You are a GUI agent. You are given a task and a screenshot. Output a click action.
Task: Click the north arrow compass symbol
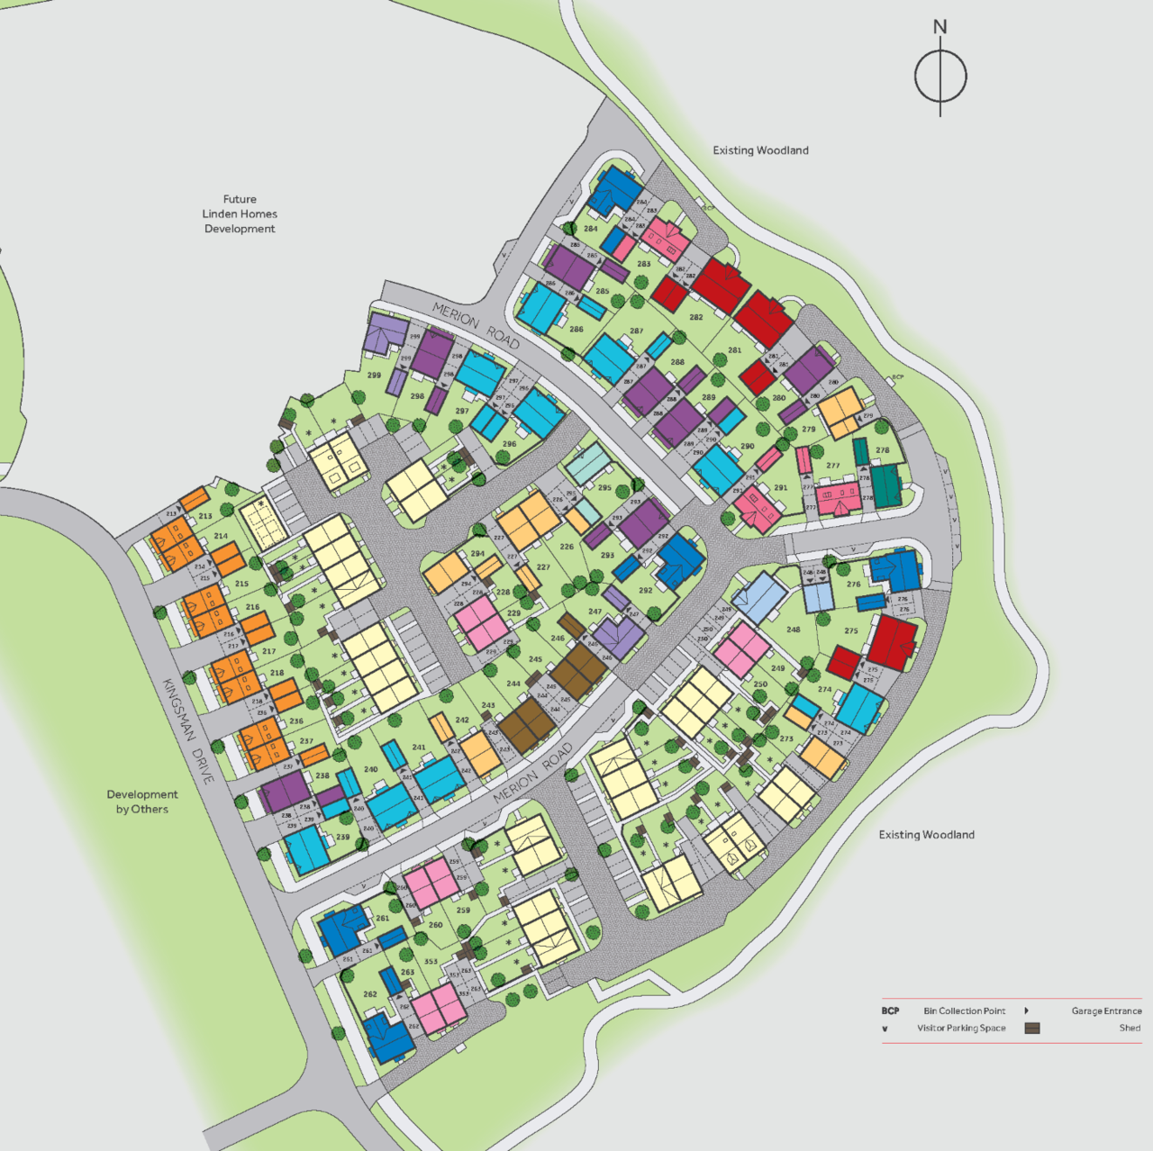coord(940,75)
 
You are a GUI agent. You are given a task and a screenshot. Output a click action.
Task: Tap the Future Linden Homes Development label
coord(240,214)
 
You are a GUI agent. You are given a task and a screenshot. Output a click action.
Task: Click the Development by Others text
coord(141,802)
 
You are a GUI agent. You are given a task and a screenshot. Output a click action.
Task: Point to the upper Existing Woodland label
coord(760,150)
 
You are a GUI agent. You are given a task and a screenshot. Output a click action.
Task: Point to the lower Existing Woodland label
coord(926,835)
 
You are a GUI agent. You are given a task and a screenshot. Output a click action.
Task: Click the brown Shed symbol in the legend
coord(1032,1029)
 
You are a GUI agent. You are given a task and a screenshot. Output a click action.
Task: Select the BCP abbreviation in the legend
coord(890,1011)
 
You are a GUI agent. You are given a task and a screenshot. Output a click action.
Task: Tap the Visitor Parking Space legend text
coord(961,1029)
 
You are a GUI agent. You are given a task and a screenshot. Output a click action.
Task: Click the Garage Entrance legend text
coord(1106,1011)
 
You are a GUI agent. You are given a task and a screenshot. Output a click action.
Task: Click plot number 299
coord(374,376)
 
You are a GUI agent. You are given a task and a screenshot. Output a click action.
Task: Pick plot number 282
coord(696,318)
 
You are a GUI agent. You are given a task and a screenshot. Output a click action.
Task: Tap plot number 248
coord(793,630)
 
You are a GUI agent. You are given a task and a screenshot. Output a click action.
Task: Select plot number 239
coord(342,838)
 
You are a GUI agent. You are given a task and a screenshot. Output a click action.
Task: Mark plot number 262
coord(370,995)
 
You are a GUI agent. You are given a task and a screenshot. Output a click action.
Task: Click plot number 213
coord(206,517)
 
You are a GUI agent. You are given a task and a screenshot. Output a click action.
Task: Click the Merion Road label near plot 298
coord(476,325)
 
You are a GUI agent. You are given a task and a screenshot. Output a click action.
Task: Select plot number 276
coord(853,585)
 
